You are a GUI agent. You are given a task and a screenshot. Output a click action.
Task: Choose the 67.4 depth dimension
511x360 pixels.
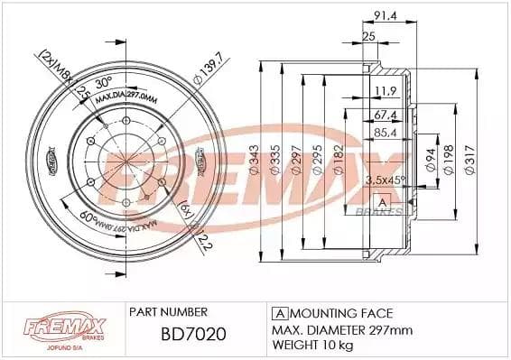[x=386, y=115]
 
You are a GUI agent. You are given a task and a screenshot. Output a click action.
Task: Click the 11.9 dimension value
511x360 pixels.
[x=386, y=90]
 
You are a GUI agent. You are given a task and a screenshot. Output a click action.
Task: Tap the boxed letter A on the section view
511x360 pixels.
[x=383, y=200]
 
